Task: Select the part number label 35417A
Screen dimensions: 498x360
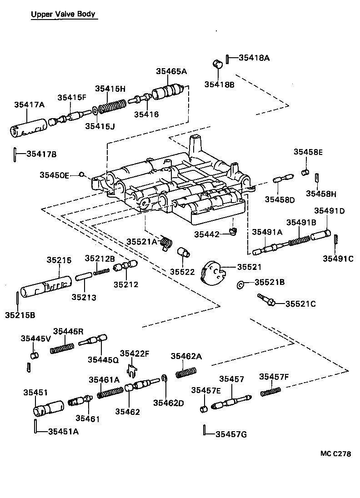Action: pyautogui.click(x=29, y=104)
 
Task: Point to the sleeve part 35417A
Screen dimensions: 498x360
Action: pyautogui.click(x=28, y=127)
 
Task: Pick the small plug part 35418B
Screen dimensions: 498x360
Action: pyautogui.click(x=218, y=63)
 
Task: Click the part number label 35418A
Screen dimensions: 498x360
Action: pyautogui.click(x=254, y=58)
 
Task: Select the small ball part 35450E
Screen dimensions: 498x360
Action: pyautogui.click(x=82, y=174)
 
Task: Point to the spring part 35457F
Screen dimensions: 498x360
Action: pyautogui.click(x=271, y=391)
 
